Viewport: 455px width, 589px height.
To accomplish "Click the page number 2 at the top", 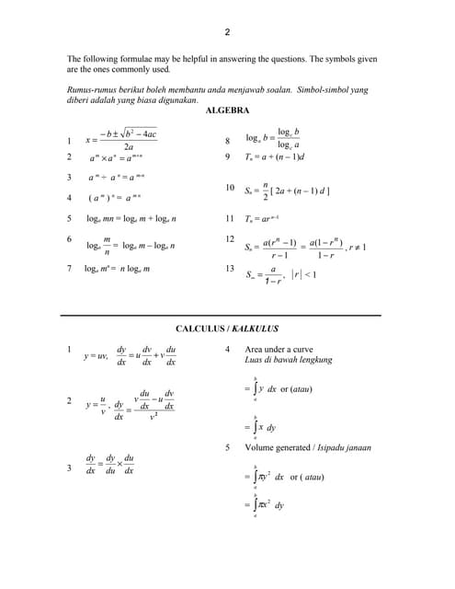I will [x=227, y=32].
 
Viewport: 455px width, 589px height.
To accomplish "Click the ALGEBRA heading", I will [x=227, y=110].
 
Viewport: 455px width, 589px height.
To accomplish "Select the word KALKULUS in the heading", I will [x=256, y=329].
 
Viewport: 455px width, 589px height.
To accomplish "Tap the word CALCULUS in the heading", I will [x=200, y=329].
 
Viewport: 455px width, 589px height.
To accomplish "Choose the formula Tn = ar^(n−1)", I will [x=269, y=219].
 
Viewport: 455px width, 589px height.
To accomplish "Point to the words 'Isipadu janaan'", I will [x=344, y=448].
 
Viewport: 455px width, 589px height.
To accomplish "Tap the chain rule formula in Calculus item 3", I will [x=111, y=464].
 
